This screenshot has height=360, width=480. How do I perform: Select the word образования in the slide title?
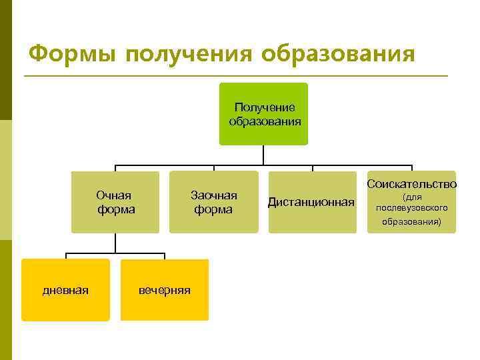(x=338, y=53)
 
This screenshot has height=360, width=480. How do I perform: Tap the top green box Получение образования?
(x=264, y=113)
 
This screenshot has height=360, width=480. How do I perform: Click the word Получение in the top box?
(x=265, y=107)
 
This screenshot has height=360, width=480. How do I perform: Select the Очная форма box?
(x=115, y=202)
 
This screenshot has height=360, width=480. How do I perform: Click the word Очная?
(x=113, y=195)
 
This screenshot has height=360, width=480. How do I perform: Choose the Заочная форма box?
(x=213, y=202)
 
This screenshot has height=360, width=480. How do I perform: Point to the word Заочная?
(x=213, y=195)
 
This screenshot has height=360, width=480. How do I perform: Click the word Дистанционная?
(x=311, y=202)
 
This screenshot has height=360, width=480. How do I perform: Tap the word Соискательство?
(x=411, y=183)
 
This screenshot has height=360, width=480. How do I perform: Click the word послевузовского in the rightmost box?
(x=411, y=208)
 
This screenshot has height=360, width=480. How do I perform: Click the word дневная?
(x=65, y=290)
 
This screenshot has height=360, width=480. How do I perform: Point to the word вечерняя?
(x=164, y=290)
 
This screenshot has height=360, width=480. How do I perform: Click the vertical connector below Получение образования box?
(x=264, y=155)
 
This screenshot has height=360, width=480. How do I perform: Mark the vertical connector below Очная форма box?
(x=115, y=243)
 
